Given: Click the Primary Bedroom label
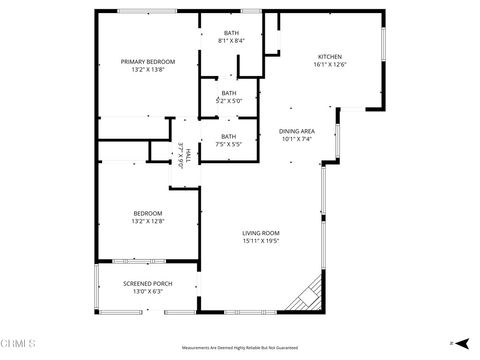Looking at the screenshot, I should [142, 62].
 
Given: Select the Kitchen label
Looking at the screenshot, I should [330, 56].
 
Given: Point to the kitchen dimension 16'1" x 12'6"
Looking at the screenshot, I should [330, 65].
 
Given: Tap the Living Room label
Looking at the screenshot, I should [260, 233].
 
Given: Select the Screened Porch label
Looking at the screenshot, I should [148, 283].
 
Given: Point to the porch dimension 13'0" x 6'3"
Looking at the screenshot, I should [148, 292].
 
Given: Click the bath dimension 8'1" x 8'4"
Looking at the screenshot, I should [231, 41].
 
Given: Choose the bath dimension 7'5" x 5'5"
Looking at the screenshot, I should [229, 145].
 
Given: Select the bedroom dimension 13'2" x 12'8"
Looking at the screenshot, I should [148, 221].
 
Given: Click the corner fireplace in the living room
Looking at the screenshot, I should [305, 296].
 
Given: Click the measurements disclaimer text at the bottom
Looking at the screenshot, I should [240, 348].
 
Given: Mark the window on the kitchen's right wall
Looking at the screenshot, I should [383, 47].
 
